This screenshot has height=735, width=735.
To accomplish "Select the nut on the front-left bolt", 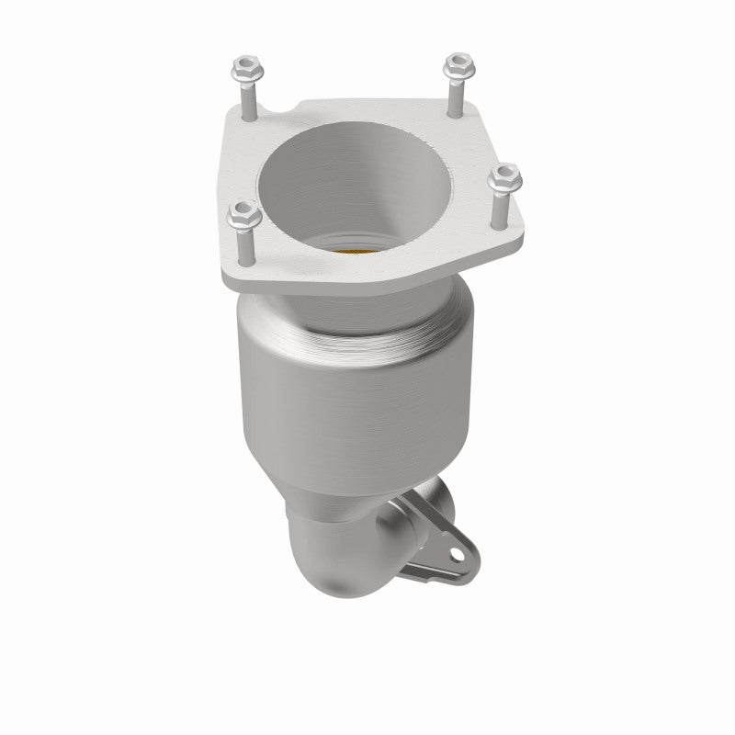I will coord(240,216).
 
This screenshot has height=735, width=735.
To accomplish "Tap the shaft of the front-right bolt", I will coord(503,207).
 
